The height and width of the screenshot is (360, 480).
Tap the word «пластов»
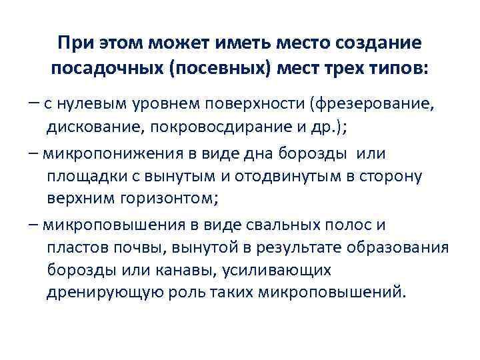(75, 248)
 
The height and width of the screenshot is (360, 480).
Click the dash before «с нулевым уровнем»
(34, 104)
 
